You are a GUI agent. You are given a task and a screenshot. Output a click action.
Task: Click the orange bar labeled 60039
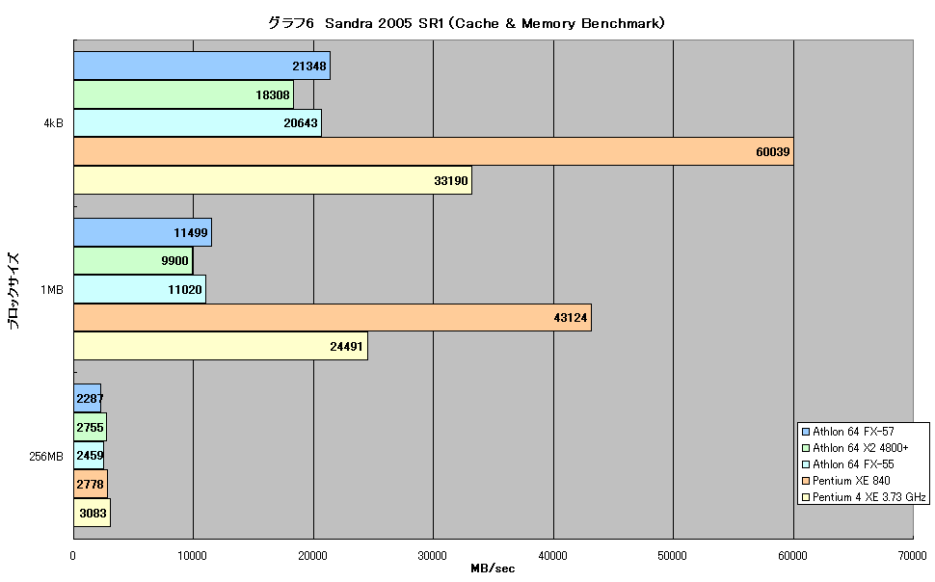coord(434,151)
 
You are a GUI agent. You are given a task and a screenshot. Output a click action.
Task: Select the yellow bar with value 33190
coord(273,180)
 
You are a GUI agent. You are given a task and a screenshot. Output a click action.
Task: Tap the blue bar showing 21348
coord(202,66)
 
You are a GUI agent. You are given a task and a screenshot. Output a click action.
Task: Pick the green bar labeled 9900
coord(133,260)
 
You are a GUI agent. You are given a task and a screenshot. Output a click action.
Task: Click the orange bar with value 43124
coord(333,317)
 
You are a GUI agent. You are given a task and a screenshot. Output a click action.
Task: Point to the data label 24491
coord(346,347)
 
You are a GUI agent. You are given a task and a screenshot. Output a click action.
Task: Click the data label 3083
coord(93,513)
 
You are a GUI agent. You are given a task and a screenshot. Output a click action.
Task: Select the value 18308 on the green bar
coord(273,94)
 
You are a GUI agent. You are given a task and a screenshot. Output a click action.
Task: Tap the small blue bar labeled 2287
coord(87,398)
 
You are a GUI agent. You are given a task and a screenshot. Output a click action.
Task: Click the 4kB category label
coord(53,123)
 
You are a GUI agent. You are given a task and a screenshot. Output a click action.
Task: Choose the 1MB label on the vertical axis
coord(52,290)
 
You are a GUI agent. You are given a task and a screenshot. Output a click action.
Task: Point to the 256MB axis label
coord(46,457)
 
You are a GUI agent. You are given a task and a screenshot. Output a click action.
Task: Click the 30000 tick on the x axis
coord(433,556)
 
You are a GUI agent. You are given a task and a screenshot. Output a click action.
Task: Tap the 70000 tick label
coord(912,556)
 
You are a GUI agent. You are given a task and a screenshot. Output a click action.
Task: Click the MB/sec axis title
coord(493,569)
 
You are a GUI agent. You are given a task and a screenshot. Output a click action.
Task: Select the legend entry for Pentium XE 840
coord(846,481)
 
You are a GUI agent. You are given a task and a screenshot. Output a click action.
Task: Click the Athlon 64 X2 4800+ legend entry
coord(855,448)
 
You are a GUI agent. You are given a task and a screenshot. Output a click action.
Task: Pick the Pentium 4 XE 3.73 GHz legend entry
coord(864,497)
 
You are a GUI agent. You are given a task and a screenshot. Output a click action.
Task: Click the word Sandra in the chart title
coord(349,23)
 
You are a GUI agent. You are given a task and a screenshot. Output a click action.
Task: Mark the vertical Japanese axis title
coord(13,291)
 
